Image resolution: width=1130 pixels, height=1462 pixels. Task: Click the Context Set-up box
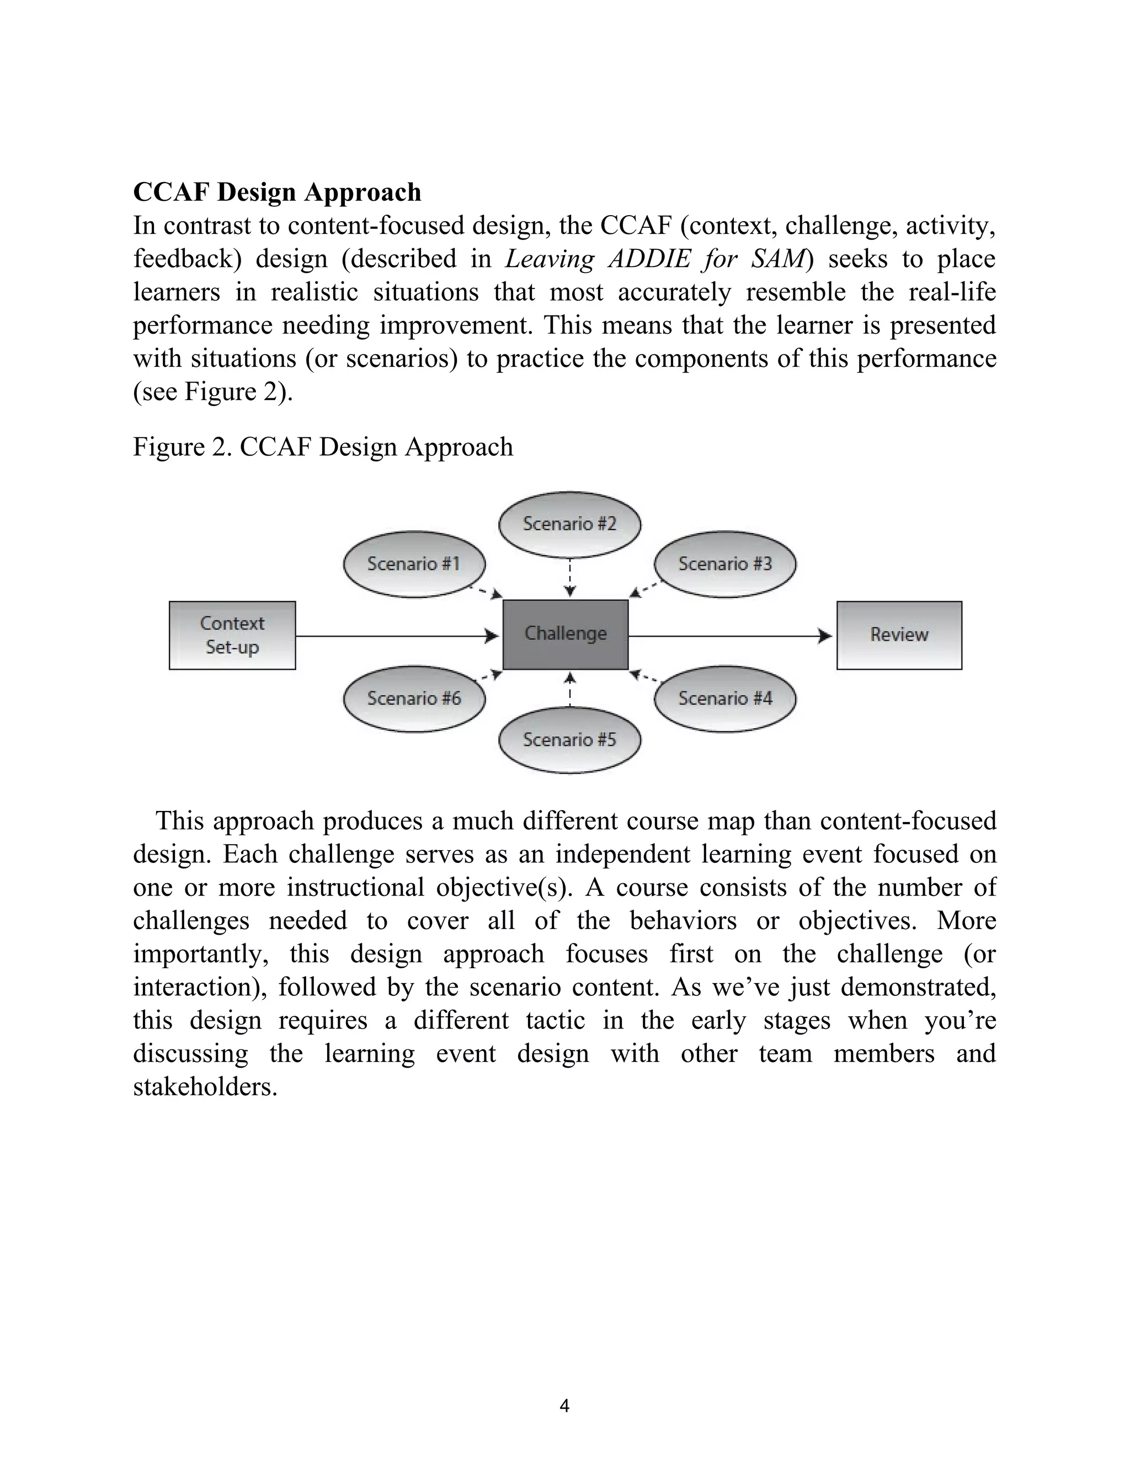point(232,635)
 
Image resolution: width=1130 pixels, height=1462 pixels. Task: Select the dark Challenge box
point(565,634)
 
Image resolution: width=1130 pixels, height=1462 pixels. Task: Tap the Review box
point(898,635)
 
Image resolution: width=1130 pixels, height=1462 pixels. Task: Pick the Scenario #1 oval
point(414,564)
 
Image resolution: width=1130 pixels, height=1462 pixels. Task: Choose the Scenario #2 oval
point(569,524)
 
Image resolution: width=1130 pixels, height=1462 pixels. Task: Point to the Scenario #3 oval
point(725,564)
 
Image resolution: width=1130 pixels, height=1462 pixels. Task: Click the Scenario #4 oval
point(725,698)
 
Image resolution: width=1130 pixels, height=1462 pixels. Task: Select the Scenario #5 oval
point(569,740)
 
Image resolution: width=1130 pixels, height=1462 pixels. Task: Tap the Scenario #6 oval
point(414,698)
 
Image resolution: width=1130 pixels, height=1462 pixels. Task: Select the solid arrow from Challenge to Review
point(729,636)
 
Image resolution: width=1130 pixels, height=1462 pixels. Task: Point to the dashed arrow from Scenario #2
point(569,577)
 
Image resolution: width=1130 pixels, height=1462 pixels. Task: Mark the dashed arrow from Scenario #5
point(569,689)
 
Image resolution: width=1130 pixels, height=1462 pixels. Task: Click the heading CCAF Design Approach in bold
point(277,191)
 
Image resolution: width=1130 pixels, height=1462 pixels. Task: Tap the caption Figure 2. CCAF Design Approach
point(323,446)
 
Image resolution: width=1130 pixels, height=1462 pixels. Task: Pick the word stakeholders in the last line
point(204,1086)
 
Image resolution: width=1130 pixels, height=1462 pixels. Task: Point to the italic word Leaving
point(549,258)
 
